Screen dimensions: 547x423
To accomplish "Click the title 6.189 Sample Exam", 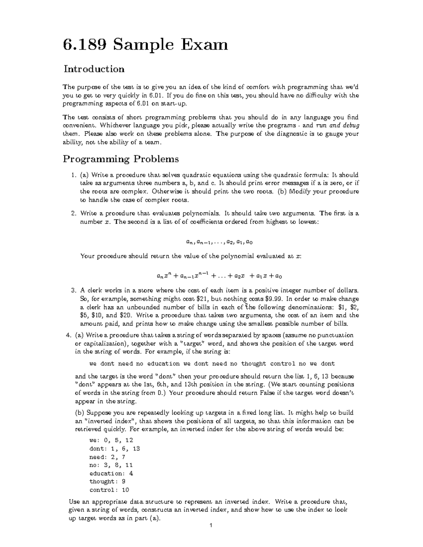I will coord(145,45).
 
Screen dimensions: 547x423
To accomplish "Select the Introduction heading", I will coord(94,69).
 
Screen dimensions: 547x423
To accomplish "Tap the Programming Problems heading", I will coord(121,159).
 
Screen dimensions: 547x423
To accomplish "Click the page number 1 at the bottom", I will coord(210,536).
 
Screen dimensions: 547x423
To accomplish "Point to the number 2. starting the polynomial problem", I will coord(73,213).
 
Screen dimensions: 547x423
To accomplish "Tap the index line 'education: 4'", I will coord(111,473).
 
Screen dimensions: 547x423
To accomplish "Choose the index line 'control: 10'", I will coord(109,490).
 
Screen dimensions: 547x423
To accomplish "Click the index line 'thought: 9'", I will coord(108,481).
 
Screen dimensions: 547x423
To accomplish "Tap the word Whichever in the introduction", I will coord(116,125).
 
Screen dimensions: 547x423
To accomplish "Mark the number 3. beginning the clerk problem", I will coord(73,291).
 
